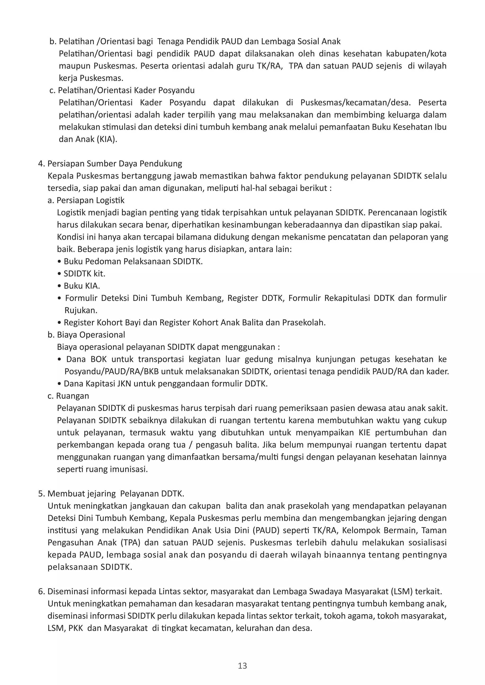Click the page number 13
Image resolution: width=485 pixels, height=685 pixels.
click(242, 666)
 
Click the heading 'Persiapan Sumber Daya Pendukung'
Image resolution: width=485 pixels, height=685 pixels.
click(115, 164)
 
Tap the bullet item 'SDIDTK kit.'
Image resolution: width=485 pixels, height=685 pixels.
click(85, 274)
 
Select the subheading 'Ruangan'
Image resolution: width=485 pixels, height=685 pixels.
click(72, 396)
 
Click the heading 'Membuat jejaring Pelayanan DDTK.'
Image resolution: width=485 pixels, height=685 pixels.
click(116, 494)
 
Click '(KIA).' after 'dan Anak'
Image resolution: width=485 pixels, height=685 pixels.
click(107, 140)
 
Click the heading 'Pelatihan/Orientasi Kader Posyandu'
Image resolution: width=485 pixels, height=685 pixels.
click(126, 90)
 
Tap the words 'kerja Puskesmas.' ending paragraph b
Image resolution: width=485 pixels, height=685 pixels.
click(91, 78)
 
